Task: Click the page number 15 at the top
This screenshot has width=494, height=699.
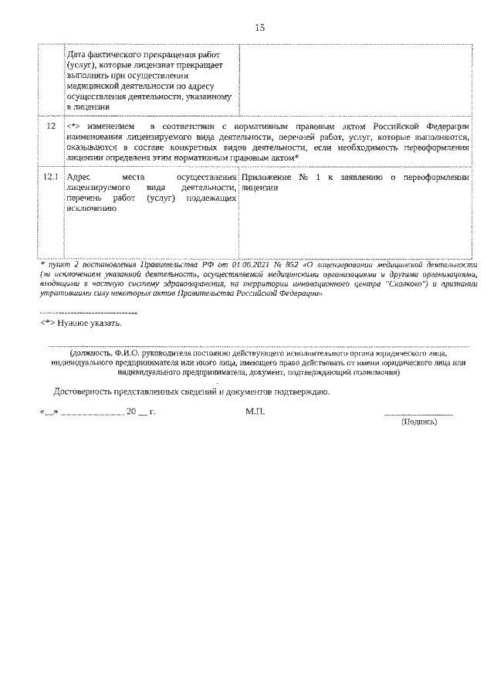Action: coord(259,29)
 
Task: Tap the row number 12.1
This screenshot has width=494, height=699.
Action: coord(51,178)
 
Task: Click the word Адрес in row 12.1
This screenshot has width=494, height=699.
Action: coord(80,178)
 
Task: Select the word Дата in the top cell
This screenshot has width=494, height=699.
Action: coord(78,56)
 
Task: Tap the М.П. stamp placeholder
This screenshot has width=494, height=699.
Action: coord(255,413)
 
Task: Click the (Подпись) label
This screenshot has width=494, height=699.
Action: coord(418,423)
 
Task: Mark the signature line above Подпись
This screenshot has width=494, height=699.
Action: coord(418,415)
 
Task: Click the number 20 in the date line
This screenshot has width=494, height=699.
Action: coord(131,413)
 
